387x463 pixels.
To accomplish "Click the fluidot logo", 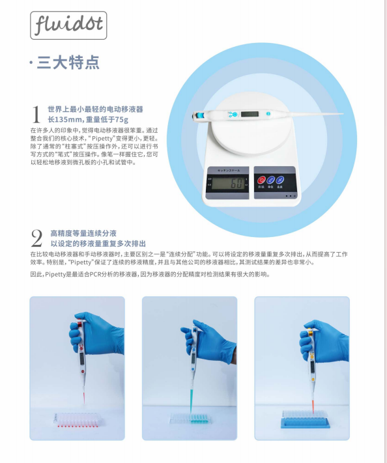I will click(68, 26).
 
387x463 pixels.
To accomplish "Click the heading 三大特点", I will click(68, 63).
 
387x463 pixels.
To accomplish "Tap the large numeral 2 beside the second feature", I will click(37, 238).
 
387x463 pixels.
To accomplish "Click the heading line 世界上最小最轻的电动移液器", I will click(95, 109).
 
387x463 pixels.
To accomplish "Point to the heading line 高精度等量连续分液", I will click(83, 233).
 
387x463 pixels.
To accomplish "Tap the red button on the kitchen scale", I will click(262, 180).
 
